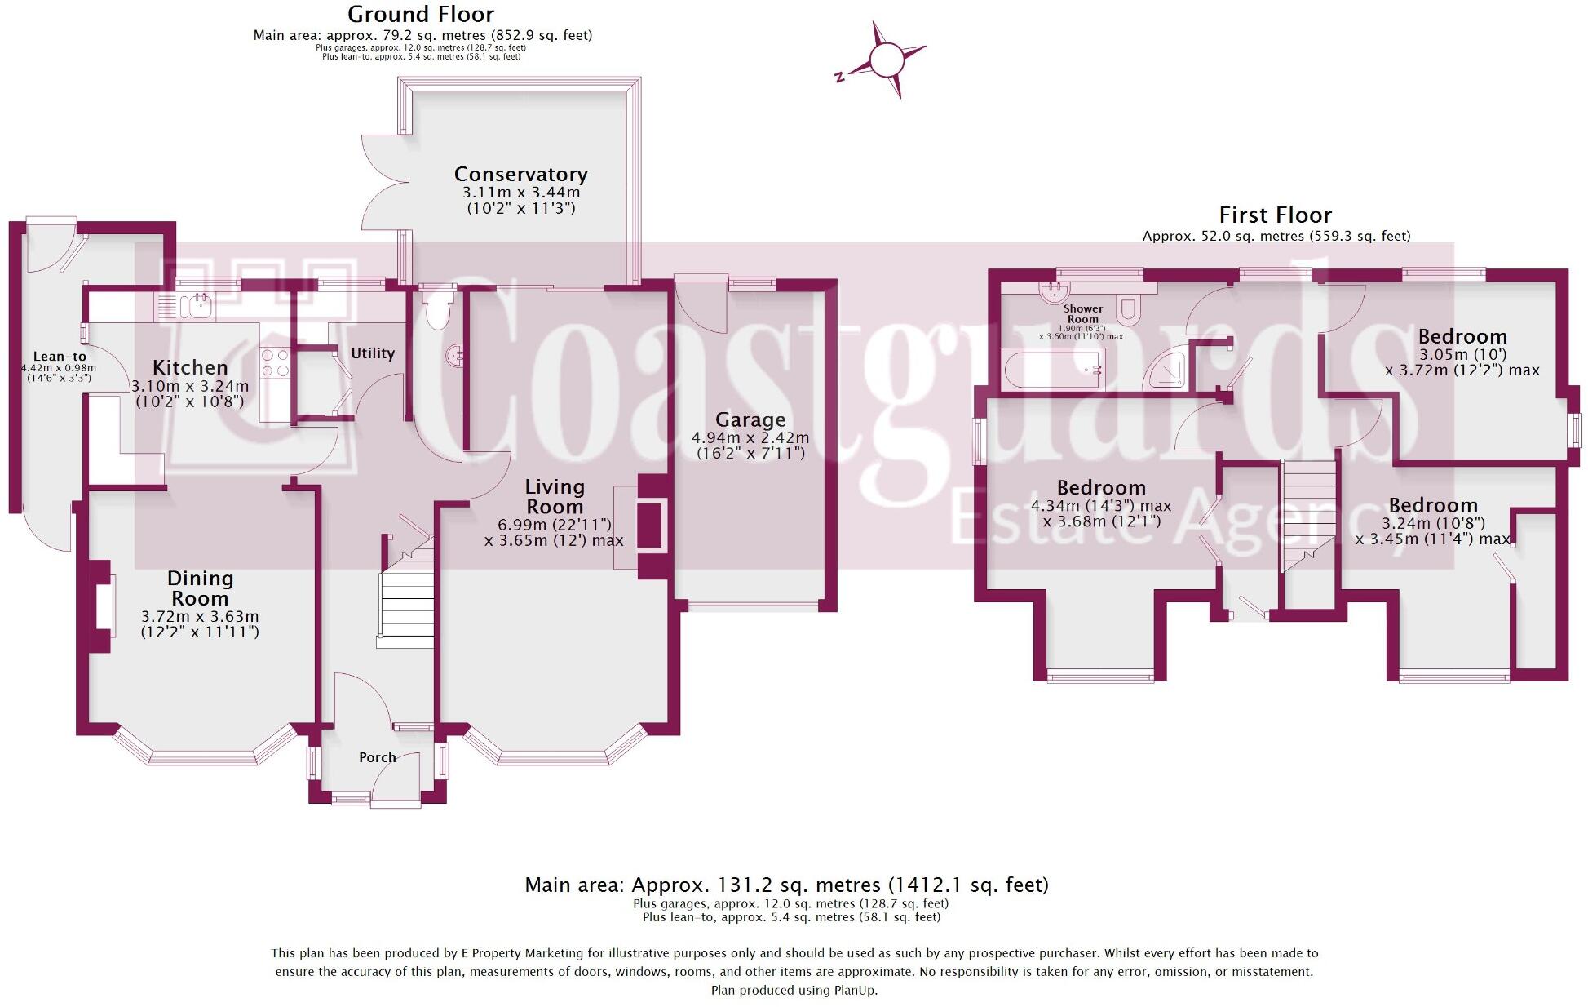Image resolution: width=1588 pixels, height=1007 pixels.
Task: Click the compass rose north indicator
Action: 839,78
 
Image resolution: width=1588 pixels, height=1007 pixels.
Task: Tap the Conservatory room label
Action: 520,174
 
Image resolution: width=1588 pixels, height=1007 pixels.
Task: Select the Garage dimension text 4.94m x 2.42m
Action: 750,437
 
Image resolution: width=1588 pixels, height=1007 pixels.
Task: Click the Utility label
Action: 373,353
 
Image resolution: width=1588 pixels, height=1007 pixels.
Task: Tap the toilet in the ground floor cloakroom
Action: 438,310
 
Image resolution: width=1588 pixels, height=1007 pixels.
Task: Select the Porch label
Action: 378,757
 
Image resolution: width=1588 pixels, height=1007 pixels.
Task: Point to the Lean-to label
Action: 60,357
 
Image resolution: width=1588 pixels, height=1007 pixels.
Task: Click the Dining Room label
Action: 200,588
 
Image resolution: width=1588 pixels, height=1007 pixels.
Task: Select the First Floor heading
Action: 1275,215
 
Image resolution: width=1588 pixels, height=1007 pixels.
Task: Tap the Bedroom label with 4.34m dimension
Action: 1101,488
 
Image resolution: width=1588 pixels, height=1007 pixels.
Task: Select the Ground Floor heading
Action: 421,15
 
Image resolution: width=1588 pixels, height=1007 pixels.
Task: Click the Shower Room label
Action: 1082,314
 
